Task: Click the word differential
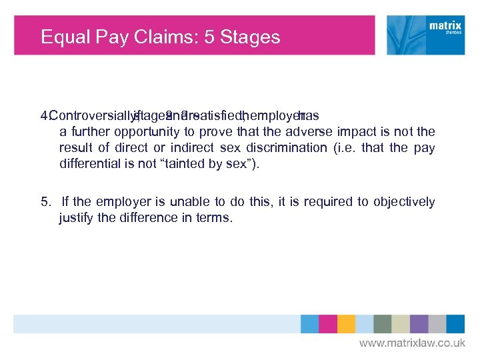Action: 87,163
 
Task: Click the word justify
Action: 76,217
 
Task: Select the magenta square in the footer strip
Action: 327,324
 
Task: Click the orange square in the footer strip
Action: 346,324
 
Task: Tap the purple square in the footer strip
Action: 419,324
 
